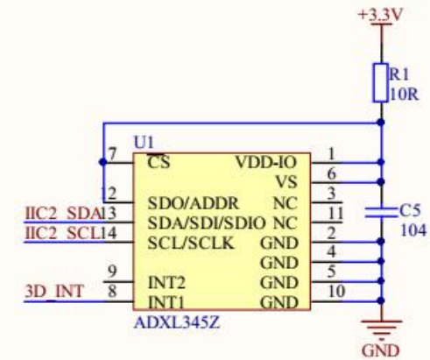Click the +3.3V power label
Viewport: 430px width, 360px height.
379,15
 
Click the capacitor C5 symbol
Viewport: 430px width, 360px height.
381,211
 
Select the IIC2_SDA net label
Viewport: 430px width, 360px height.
51,213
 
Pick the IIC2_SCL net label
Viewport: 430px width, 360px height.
51,234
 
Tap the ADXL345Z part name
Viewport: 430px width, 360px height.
175,321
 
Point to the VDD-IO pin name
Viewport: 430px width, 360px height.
267,162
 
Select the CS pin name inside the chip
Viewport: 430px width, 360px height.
158,162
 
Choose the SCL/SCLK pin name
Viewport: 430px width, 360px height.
190,242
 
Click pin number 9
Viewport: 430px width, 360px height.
111,271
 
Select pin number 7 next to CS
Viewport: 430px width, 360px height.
111,154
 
